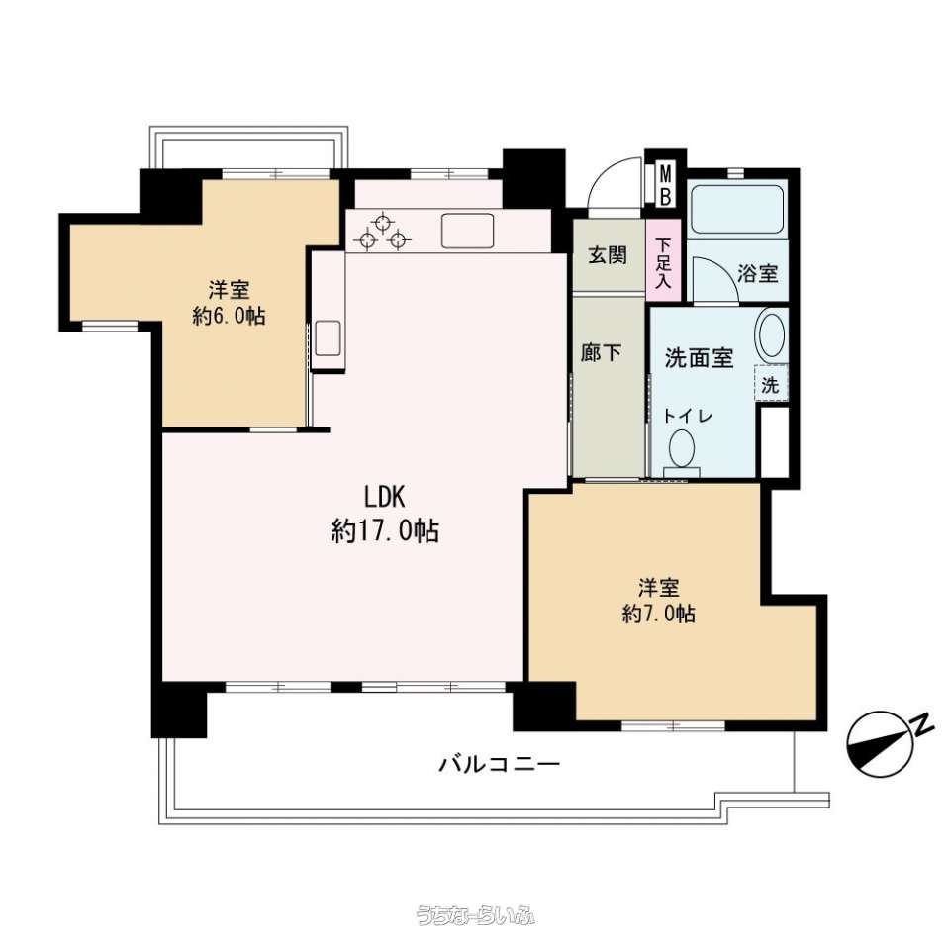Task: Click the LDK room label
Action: tap(384, 497)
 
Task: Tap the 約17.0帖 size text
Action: tap(385, 531)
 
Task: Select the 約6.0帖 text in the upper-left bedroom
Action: tap(229, 316)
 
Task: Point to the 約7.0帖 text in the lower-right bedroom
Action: tap(659, 614)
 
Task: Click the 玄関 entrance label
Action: tap(608, 255)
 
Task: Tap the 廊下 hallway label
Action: tap(601, 352)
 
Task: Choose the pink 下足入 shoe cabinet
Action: tap(664, 260)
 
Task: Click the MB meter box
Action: tap(665, 185)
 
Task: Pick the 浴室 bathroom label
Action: tap(758, 273)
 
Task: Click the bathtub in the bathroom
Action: tap(737, 209)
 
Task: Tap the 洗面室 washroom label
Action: tap(700, 358)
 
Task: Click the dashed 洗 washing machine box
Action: tap(771, 384)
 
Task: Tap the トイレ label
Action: tap(687, 417)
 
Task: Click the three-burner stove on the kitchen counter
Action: tap(382, 233)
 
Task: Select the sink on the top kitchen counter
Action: tap(467, 231)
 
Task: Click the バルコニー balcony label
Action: tap(500, 764)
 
